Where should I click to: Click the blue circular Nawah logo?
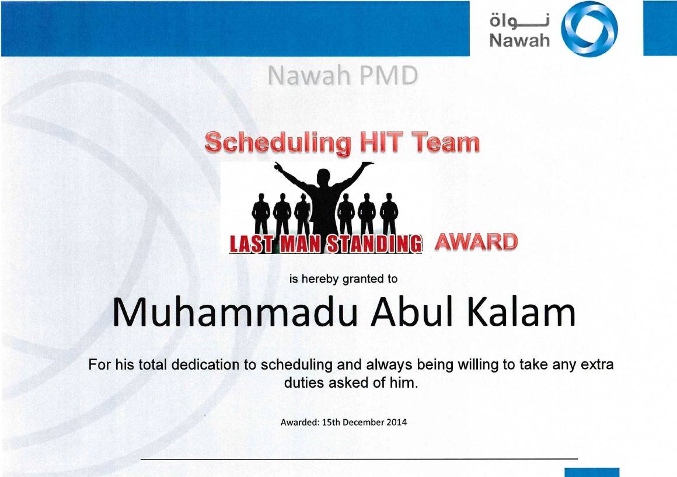point(589,29)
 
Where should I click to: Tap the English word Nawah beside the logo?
point(519,40)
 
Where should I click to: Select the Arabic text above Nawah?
point(520,20)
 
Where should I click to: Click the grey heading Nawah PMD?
point(343,76)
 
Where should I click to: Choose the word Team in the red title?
point(445,142)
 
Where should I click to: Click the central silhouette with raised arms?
point(324,199)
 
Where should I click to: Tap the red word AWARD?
point(476,242)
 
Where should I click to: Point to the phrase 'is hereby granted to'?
point(343,279)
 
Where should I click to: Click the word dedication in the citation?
point(205,365)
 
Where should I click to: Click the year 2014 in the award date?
point(396,422)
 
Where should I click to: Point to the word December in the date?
point(362,422)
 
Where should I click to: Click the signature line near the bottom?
point(360,458)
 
